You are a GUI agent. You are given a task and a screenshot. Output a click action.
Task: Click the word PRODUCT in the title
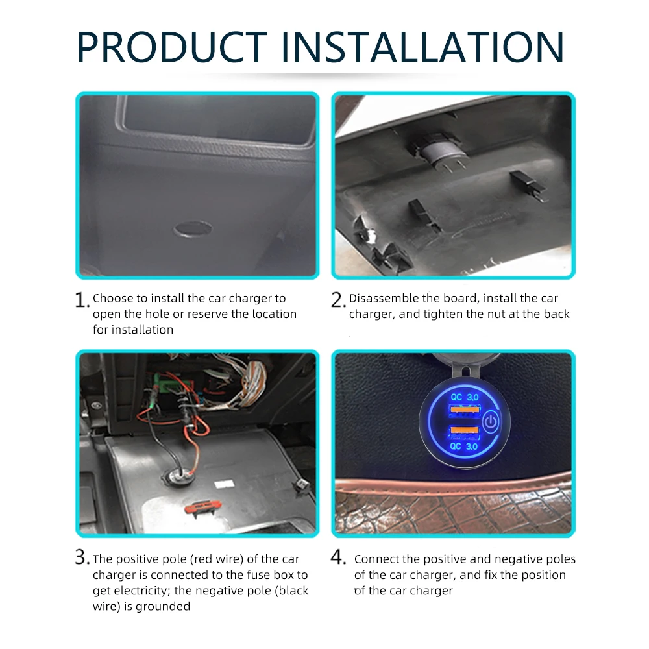pos(171,47)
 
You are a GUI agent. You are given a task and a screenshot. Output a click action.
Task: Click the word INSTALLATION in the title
pos(422,47)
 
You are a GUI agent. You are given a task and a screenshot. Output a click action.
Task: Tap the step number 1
pos(81,300)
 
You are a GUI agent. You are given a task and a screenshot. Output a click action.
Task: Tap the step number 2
pos(337,300)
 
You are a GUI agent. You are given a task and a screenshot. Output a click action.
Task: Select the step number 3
pos(81,557)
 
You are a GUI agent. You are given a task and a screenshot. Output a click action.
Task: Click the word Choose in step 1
pos(112,299)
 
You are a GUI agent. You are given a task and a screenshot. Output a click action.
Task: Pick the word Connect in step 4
pos(377,559)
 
